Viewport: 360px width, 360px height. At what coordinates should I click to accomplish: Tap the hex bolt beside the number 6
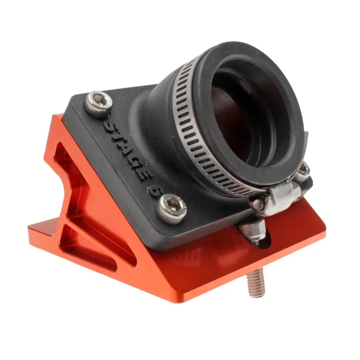[171, 208]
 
